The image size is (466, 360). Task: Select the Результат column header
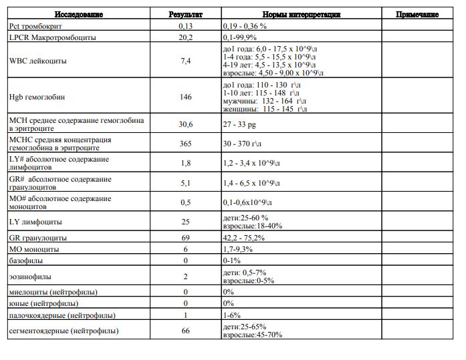(185, 14)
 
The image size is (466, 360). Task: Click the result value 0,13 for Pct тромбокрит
(185, 25)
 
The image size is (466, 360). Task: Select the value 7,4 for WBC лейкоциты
(185, 61)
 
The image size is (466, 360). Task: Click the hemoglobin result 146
(185, 97)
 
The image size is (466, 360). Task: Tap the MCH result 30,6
(185, 124)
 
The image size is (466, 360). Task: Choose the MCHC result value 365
(185, 144)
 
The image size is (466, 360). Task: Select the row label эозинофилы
(29, 276)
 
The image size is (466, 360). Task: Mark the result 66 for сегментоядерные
(185, 331)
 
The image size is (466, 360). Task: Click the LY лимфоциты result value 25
(185, 221)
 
